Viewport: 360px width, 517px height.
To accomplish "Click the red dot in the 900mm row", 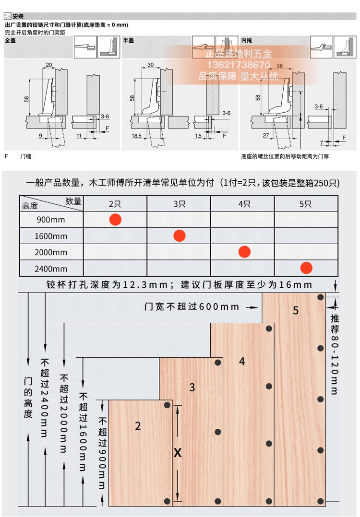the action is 115,220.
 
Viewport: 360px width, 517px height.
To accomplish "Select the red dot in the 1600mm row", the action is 179,236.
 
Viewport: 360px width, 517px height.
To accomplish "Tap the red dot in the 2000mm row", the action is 244,251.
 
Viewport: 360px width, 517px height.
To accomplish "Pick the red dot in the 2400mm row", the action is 306,268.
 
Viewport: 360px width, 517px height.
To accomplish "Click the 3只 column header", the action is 179,204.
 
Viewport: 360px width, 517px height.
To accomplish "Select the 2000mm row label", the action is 51,252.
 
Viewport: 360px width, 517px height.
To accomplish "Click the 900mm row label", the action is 51,220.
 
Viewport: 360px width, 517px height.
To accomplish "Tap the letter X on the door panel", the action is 178,452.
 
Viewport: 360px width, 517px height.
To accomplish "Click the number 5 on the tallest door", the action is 296,311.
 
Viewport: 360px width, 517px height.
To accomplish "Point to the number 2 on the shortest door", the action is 138,426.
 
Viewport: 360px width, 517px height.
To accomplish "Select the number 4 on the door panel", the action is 242,362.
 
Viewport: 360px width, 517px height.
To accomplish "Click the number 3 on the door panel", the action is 192,388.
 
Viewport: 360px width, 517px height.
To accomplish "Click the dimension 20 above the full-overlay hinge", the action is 48,65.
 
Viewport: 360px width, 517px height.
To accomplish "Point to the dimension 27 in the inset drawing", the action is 265,136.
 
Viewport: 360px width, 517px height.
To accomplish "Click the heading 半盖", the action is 129,41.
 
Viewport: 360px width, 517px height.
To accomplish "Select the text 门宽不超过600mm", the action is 192,306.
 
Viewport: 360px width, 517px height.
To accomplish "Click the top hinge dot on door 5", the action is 319,298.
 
